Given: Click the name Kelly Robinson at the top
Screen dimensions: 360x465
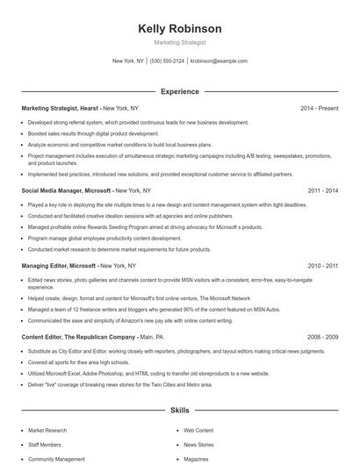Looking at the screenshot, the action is point(180,28).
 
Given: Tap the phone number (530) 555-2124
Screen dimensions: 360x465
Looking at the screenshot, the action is point(167,61).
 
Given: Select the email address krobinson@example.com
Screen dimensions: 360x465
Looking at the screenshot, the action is point(219,61).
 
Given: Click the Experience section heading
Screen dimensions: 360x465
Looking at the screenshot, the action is point(180,91).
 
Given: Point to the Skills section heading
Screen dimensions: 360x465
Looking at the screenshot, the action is point(180,410).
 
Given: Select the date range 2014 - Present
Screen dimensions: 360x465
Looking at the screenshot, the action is point(319,109).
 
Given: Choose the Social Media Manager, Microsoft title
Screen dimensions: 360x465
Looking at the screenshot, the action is point(66,190).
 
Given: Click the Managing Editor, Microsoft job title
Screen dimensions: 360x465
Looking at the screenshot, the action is point(59,265).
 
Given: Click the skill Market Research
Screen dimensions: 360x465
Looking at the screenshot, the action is point(47,431).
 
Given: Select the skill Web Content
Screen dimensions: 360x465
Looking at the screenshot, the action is point(198,431).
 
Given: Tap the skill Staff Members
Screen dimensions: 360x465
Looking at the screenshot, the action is point(46,445).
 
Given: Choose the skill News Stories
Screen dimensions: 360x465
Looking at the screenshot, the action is point(198,445).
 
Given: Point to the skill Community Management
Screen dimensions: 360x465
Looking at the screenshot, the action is point(56,459).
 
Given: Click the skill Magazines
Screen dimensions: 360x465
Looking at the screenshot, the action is point(196,459).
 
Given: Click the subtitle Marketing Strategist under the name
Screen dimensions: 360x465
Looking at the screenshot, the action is point(180,42).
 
